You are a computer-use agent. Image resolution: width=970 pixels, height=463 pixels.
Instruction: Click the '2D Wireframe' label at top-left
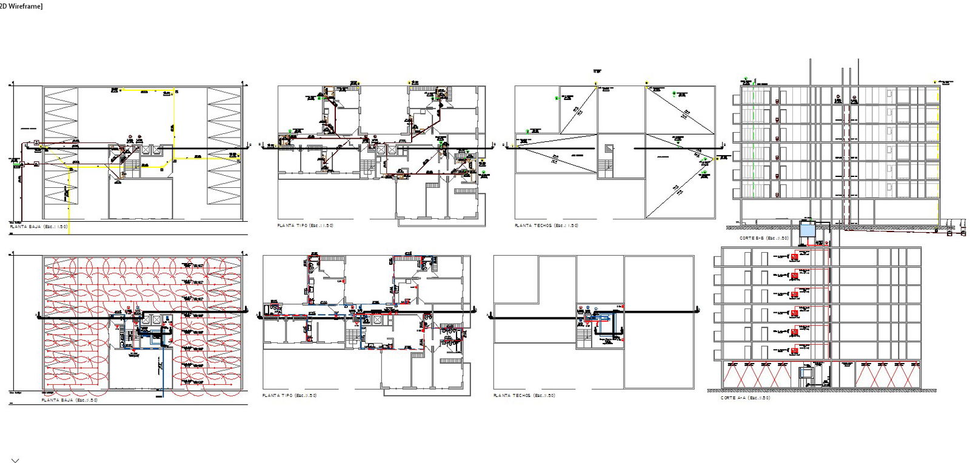[21, 6]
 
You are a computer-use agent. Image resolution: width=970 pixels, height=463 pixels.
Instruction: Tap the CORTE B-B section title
[763, 238]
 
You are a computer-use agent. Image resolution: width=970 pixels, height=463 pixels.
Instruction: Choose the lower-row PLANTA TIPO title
[289, 395]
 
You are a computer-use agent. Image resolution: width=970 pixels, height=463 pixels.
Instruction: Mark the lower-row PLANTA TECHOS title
[524, 395]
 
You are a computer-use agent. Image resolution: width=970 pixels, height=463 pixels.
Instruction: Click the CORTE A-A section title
[745, 398]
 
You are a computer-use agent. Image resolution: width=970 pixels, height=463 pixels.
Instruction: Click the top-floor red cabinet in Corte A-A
[794, 258]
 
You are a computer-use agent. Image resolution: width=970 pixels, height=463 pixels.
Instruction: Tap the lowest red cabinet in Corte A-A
[794, 351]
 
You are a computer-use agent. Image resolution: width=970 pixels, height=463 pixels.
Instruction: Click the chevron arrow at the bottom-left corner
[15, 461]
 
